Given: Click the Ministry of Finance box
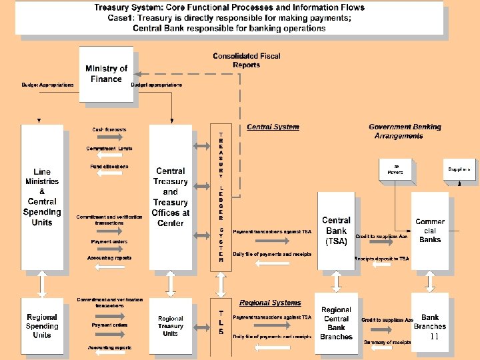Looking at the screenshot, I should click(x=106, y=74).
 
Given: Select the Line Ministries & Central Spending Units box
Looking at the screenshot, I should click(x=42, y=197).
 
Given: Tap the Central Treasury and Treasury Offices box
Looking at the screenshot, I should click(x=171, y=197).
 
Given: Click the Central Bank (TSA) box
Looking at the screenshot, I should click(x=336, y=231).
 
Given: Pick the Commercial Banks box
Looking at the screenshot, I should click(x=430, y=231).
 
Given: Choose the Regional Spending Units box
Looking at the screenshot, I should click(x=42, y=326).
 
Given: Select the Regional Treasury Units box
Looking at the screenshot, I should click(x=171, y=326).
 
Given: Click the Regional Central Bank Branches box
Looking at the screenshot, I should click(x=336, y=323).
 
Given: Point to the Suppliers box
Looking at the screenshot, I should click(x=459, y=169).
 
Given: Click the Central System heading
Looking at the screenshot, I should click(x=273, y=127).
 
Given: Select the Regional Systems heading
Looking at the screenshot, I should click(x=270, y=303).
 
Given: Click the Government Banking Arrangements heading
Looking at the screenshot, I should click(x=404, y=131).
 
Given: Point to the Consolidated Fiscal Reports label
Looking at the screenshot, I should click(x=246, y=61).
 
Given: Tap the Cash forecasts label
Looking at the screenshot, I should click(x=109, y=129).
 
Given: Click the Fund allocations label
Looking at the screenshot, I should click(x=109, y=166).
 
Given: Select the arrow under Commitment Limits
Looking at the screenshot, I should click(x=109, y=155).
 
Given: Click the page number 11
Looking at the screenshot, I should click(x=434, y=337).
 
